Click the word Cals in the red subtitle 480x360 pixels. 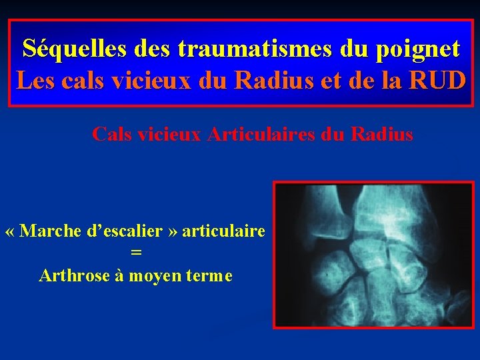[111, 135]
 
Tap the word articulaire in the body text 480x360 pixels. [223, 231]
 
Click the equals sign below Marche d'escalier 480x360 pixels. [136, 253]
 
